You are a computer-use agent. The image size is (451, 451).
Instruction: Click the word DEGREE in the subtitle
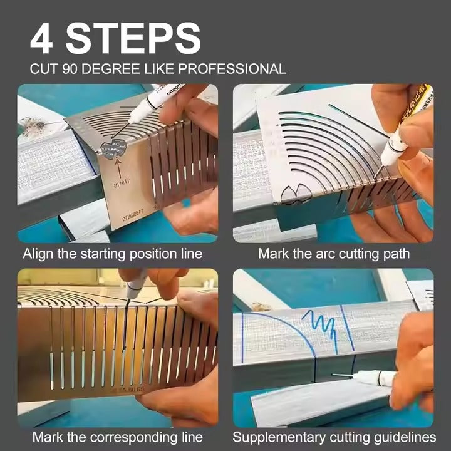point(110,69)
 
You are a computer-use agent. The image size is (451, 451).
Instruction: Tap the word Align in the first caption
point(38,254)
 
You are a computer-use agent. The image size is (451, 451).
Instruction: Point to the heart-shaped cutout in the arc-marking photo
point(294,195)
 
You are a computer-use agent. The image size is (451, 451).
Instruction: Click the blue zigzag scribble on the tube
point(321,326)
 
